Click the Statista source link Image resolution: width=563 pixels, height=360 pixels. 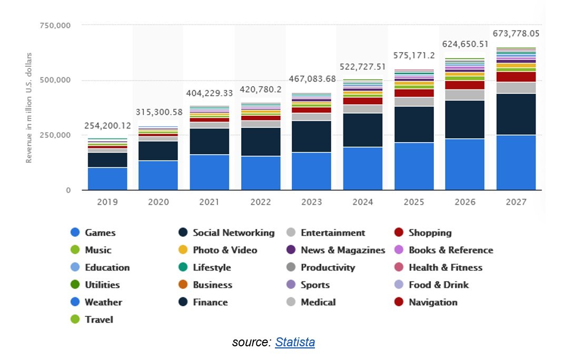click(295, 343)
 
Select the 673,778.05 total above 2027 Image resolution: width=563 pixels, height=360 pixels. click(516, 34)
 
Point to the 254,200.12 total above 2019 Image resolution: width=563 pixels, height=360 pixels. click(107, 126)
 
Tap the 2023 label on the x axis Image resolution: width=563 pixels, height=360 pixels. click(311, 202)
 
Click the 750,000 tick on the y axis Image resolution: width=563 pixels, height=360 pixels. click(55, 25)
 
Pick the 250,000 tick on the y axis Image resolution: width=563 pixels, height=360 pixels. click(55, 135)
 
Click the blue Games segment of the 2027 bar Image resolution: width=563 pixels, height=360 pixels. click(516, 162)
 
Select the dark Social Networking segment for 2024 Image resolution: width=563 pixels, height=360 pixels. click(363, 129)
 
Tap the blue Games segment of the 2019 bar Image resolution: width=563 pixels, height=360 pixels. click(107, 178)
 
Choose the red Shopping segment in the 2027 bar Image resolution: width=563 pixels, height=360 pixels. click(516, 77)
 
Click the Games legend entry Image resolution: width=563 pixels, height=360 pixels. click(100, 233)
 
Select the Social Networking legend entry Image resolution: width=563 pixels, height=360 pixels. click(233, 233)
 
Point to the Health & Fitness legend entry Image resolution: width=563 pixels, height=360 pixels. click(445, 267)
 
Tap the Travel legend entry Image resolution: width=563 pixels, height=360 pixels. click(99, 319)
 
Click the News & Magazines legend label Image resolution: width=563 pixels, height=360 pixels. click(342, 250)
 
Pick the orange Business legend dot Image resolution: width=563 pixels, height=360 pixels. click(183, 285)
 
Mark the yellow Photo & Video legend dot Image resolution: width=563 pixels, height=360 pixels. click(183, 250)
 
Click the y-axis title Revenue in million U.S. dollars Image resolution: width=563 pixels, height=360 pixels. click(29, 107)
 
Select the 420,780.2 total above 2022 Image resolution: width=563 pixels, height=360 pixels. click(260, 89)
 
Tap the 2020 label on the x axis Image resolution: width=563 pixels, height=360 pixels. click(158, 202)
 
